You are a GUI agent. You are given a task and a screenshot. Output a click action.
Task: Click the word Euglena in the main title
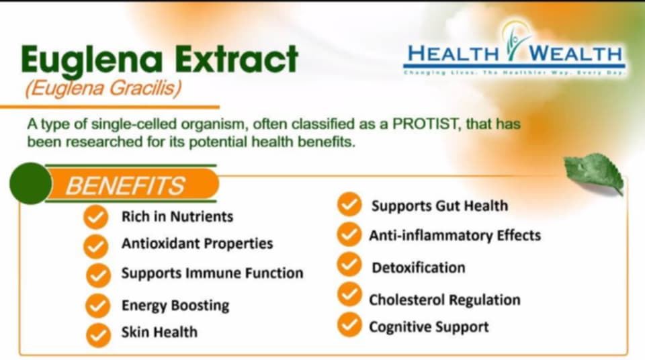tap(92, 61)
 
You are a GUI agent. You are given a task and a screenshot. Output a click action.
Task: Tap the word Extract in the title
tap(236, 59)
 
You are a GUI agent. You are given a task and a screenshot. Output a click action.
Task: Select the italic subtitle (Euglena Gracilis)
tap(103, 88)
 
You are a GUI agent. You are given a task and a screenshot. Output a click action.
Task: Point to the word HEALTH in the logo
tap(452, 54)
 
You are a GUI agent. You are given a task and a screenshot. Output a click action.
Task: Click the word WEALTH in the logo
tap(575, 54)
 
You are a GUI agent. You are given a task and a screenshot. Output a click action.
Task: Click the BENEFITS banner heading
tap(125, 185)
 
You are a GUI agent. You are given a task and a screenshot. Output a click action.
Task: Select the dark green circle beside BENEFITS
tap(30, 183)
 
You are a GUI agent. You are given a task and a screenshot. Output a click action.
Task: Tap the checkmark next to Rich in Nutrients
tap(96, 217)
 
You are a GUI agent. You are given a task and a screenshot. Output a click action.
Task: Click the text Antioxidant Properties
tap(197, 244)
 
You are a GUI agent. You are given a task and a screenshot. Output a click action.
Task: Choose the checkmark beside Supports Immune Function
tap(98, 275)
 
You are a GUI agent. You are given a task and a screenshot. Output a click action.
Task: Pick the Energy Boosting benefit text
tap(175, 306)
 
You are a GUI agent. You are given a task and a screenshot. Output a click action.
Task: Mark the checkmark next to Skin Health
tap(98, 335)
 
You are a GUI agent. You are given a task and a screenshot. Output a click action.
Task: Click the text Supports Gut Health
tap(439, 206)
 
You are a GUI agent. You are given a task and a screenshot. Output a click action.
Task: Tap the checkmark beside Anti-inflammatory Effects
tap(349, 234)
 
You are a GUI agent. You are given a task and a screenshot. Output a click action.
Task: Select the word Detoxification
tap(419, 268)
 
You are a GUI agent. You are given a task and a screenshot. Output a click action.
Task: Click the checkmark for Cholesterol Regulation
tap(349, 294)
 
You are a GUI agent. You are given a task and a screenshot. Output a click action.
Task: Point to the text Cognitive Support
tap(429, 327)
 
